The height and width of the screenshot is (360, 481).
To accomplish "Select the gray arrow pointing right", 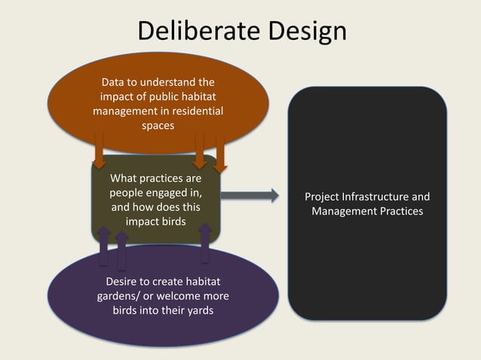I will click(x=250, y=196).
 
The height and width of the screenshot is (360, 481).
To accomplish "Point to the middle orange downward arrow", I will click(x=200, y=151).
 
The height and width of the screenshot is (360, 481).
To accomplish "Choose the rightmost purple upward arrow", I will click(x=204, y=243).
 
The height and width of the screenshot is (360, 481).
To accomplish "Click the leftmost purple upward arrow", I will click(x=104, y=246).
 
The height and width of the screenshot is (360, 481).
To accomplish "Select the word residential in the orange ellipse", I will click(x=193, y=111).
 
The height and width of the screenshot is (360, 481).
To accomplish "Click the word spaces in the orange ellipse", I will click(x=158, y=126).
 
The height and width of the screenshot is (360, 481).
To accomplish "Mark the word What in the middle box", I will click(x=124, y=178).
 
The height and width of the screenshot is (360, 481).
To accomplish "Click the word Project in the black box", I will click(x=323, y=197).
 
